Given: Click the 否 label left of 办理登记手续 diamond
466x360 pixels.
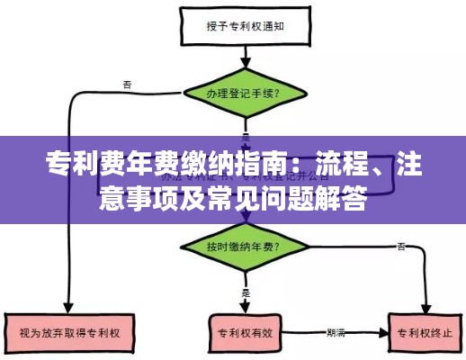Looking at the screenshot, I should pos(127,85).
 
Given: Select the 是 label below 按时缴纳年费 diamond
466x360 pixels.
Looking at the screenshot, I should pos(245,291).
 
